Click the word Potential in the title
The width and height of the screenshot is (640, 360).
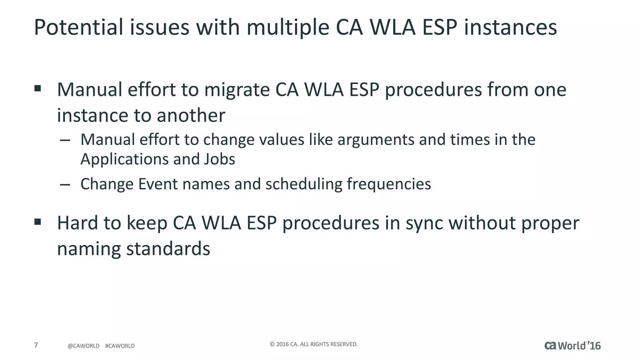pyautogui.click(x=78, y=27)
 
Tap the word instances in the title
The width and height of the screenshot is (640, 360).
pyautogui.click(x=510, y=27)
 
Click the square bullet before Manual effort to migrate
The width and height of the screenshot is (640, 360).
pyautogui.click(x=38, y=88)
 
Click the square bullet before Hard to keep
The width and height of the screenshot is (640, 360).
pyautogui.click(x=38, y=222)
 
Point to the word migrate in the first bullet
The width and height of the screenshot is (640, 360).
pyautogui.click(x=237, y=90)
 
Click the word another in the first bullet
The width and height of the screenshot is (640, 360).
pyautogui.click(x=191, y=115)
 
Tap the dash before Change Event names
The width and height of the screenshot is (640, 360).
pyautogui.click(x=65, y=184)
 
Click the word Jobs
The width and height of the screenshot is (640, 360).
pyautogui.click(x=219, y=159)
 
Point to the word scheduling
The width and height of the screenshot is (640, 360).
pyautogui.click(x=304, y=184)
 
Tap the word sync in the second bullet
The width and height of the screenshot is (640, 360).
pyautogui.click(x=424, y=223)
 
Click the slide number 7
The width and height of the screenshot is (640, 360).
pyautogui.click(x=36, y=345)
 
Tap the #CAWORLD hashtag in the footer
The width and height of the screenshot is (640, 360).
pyautogui.click(x=120, y=346)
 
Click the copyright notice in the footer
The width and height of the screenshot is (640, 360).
pyautogui.click(x=313, y=344)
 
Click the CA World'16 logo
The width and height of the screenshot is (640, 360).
pyautogui.click(x=572, y=346)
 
